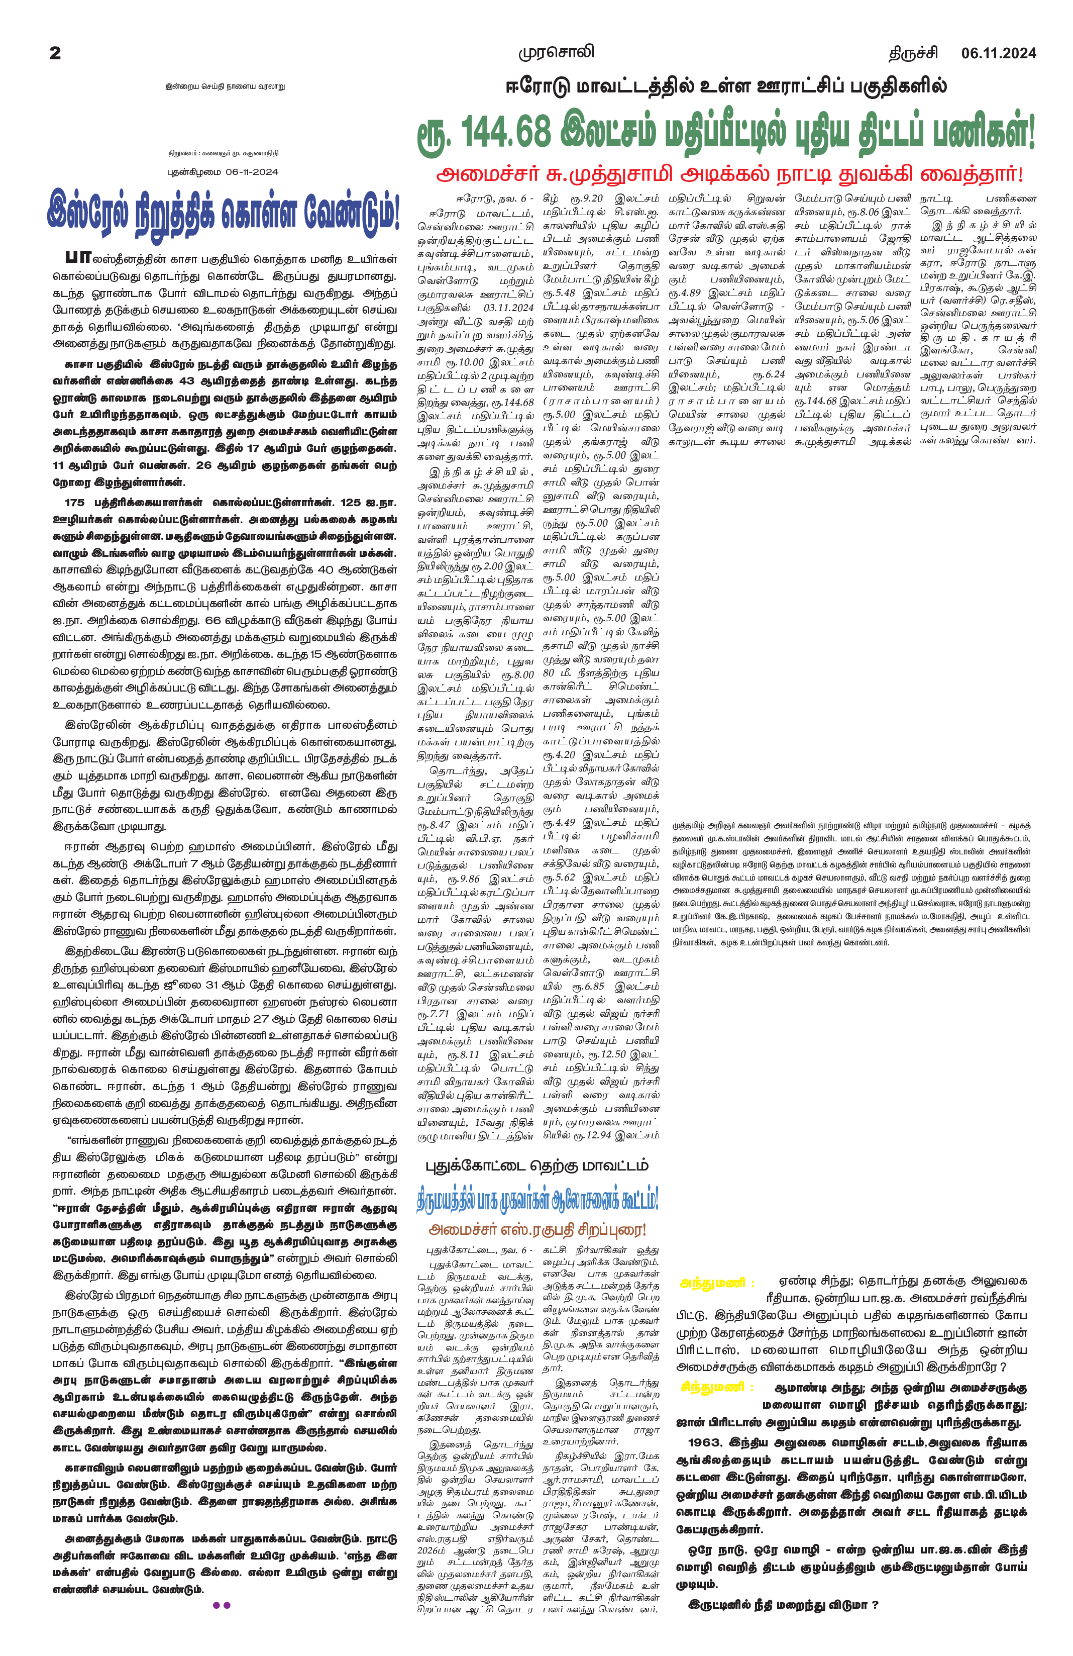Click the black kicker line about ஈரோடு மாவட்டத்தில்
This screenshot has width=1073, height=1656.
726,87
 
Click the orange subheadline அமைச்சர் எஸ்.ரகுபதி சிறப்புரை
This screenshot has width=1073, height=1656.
537,1229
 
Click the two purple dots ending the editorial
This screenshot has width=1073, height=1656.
221,1605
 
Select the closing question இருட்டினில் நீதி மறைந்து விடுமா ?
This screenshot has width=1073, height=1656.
783,1605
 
